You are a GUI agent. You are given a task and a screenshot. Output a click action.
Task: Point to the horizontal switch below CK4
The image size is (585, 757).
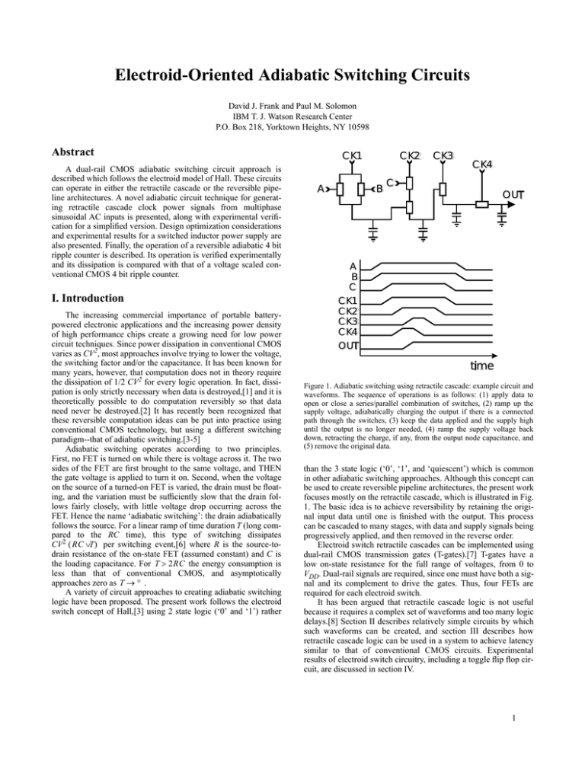pos(481,205)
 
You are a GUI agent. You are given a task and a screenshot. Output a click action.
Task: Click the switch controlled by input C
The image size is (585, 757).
pos(408,184)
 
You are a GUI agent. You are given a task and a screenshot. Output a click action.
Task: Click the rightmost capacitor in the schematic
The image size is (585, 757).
pos(503,221)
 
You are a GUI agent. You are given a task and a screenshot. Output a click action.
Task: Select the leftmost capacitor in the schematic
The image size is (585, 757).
pos(374,228)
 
